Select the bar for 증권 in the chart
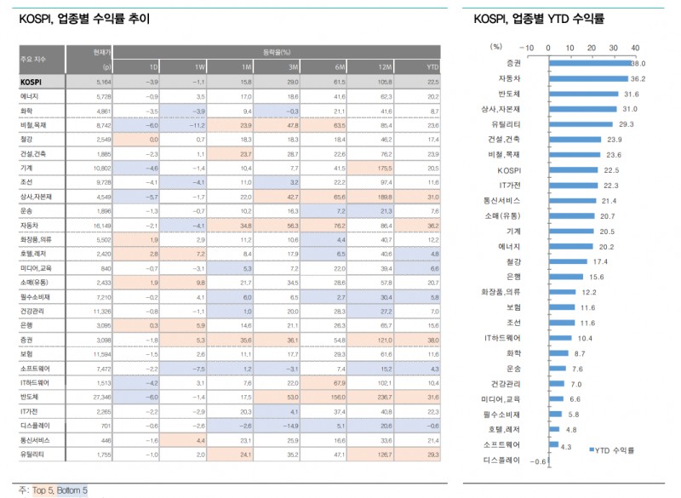coord(589,63)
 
